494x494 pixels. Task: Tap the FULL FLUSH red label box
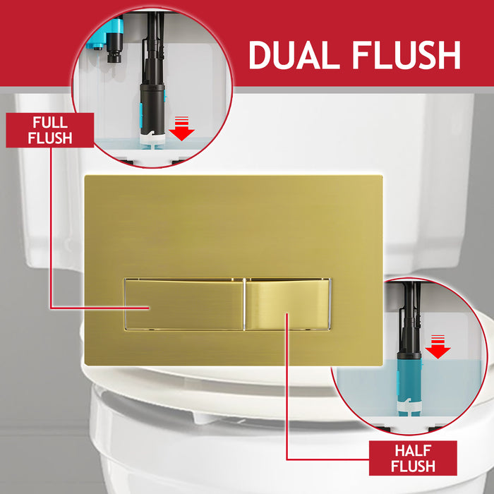tap(49, 130)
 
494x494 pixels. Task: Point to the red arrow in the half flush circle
tap(439, 347)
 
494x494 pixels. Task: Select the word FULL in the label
tap(49, 122)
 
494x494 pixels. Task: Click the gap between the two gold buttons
tap(245, 304)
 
